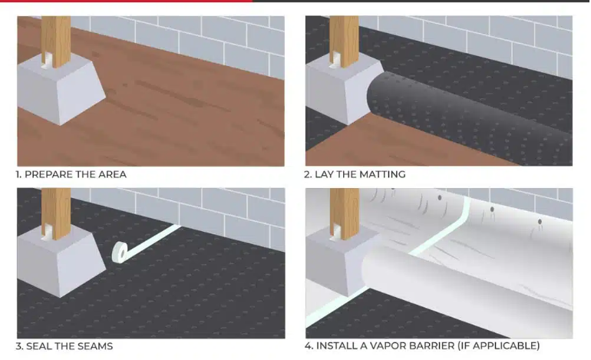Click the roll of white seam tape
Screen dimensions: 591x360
[121, 252]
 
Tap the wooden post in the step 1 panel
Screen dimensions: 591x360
[56, 42]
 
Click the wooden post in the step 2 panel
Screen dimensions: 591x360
[344, 42]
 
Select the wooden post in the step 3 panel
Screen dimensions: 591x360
[56, 213]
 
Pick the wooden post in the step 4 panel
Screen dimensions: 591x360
[345, 213]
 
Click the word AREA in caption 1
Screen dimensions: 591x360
[112, 174]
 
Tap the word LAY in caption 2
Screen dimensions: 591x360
[324, 174]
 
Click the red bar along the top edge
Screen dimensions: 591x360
[127, 1]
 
